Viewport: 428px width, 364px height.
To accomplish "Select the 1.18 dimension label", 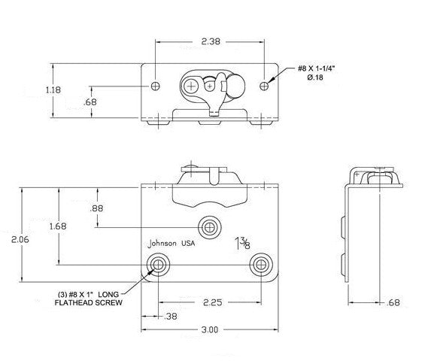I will tap(32, 89).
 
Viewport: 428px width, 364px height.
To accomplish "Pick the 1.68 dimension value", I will tap(68, 226).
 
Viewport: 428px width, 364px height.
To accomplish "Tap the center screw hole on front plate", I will tap(209, 226).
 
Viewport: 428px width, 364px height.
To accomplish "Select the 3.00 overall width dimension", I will tap(210, 329).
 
